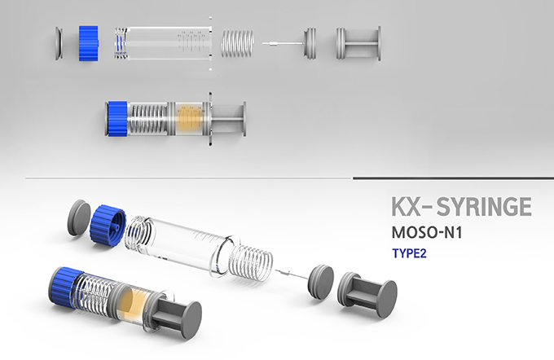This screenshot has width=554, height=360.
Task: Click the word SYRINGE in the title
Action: pyautogui.click(x=484, y=207)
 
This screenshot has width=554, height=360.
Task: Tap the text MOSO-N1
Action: pyautogui.click(x=427, y=232)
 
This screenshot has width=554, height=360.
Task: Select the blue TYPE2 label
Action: pyautogui.click(x=409, y=253)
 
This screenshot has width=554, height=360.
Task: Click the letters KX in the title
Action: pyautogui.click(x=407, y=207)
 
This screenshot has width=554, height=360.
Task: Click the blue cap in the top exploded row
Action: pyautogui.click(x=88, y=43)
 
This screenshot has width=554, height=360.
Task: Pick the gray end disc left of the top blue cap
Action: pyautogui.click(x=59, y=43)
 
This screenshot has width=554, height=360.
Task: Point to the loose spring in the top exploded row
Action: pyautogui.click(x=237, y=43)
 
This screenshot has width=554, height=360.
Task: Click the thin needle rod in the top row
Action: pyautogui.click(x=283, y=43)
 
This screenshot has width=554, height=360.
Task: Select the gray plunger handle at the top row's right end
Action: pyautogui.click(x=358, y=43)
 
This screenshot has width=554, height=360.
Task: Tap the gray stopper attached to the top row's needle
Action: pyautogui.click(x=310, y=43)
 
